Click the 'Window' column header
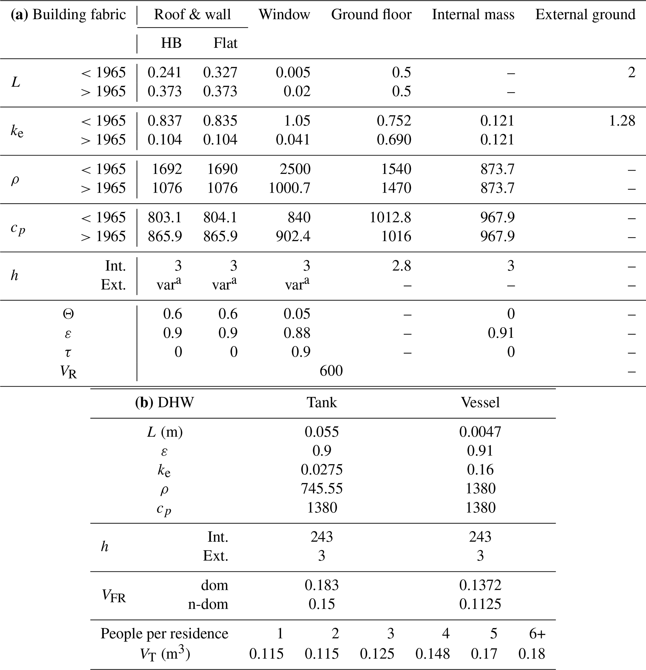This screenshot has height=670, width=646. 284,15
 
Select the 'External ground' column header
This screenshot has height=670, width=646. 585,15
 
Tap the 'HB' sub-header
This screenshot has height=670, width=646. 171,43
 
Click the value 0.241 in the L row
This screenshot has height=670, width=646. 165,73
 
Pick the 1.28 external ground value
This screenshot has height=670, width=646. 622,121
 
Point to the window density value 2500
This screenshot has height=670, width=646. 295,169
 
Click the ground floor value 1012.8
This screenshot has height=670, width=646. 390,217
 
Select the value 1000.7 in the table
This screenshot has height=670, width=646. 289,188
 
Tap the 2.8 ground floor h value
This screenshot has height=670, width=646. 401,266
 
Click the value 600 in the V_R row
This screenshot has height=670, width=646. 331,371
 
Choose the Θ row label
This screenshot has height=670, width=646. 68,314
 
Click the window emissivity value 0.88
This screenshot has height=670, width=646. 297,333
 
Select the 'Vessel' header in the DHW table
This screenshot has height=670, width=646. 480,402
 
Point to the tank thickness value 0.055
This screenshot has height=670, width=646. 322,432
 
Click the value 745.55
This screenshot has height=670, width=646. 322,489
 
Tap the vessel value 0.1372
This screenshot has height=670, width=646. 480,585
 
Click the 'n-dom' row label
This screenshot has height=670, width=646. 208,604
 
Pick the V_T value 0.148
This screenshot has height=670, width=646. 433,654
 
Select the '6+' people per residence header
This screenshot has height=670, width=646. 537,634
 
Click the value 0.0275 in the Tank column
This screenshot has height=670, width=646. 322,470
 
